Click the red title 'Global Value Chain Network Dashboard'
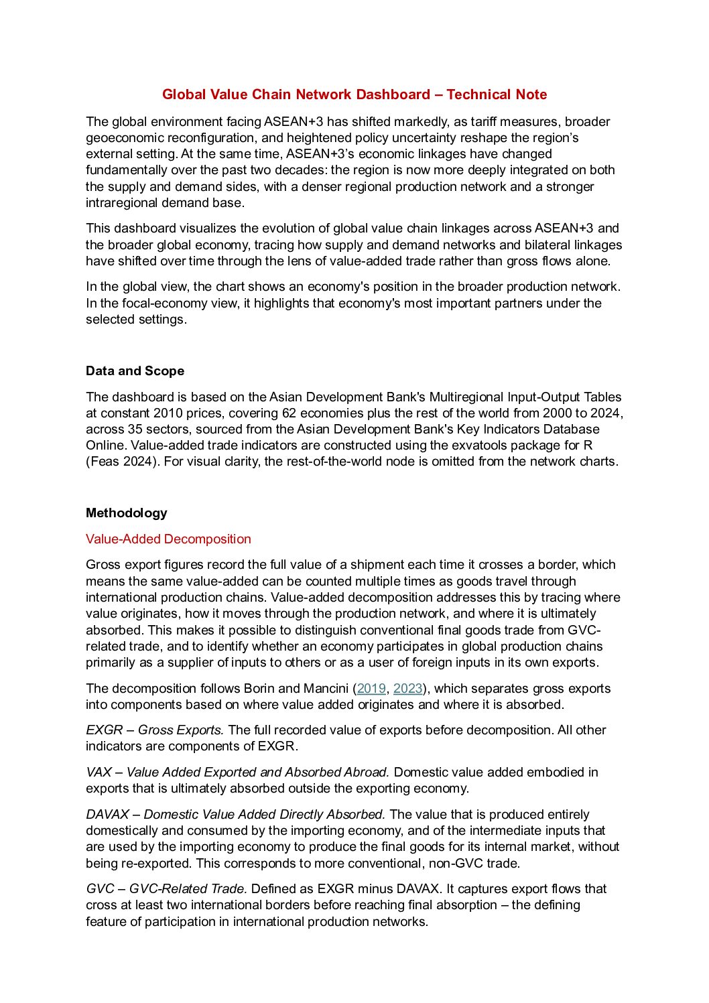(x=296, y=94)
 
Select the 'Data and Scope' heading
(x=135, y=371)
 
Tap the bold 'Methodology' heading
(x=126, y=513)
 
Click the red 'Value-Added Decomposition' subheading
(x=168, y=539)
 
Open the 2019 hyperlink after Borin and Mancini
(x=371, y=689)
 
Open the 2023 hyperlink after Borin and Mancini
(x=407, y=689)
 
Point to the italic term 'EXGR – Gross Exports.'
(x=155, y=730)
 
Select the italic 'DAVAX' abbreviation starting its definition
(x=107, y=815)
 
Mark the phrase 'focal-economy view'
(x=174, y=304)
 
